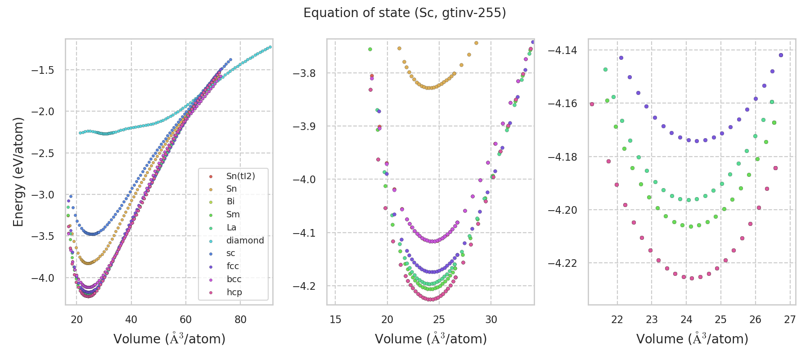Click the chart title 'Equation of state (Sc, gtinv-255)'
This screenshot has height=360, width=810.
[405, 13]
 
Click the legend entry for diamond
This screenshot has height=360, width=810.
[245, 240]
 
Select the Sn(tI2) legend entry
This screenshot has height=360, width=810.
[240, 176]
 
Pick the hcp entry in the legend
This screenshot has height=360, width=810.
[234, 292]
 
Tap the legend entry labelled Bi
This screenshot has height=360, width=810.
[230, 202]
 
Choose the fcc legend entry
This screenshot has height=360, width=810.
[233, 266]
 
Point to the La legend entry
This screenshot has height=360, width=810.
[231, 227]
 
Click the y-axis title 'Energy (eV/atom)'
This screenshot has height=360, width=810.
[18, 172]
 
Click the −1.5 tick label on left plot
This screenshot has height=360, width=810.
[42, 70]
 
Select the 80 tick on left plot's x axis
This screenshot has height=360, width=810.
[240, 319]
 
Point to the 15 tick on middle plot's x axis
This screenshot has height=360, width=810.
[335, 319]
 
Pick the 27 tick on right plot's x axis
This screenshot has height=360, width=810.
[790, 319]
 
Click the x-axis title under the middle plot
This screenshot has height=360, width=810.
[431, 339]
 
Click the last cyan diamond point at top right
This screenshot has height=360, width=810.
[270, 47]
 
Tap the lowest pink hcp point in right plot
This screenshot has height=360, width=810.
[692, 278]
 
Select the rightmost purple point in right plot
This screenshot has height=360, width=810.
[781, 55]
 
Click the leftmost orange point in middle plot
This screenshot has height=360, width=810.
[399, 48]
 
